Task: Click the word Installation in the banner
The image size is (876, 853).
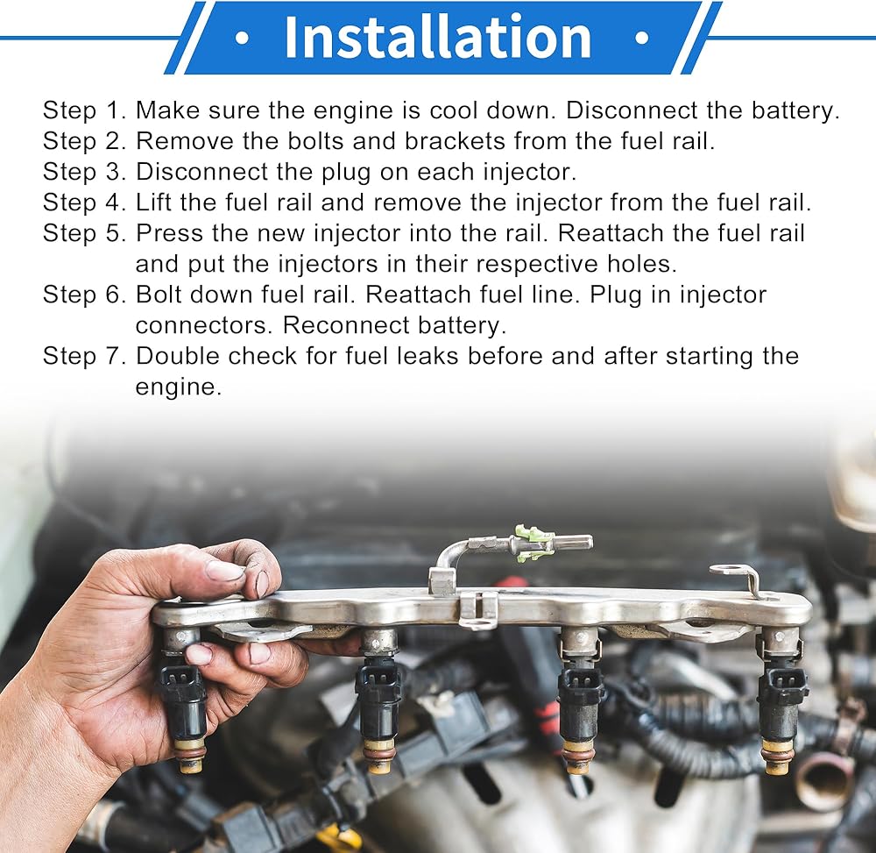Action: (x=437, y=37)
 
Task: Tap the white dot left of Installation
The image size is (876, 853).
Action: (x=242, y=38)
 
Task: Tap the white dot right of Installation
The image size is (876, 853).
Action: (x=642, y=38)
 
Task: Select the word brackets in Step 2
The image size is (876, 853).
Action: (x=455, y=141)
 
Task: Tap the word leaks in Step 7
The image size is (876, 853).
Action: (x=427, y=356)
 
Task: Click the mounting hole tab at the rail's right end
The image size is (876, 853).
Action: (x=735, y=574)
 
